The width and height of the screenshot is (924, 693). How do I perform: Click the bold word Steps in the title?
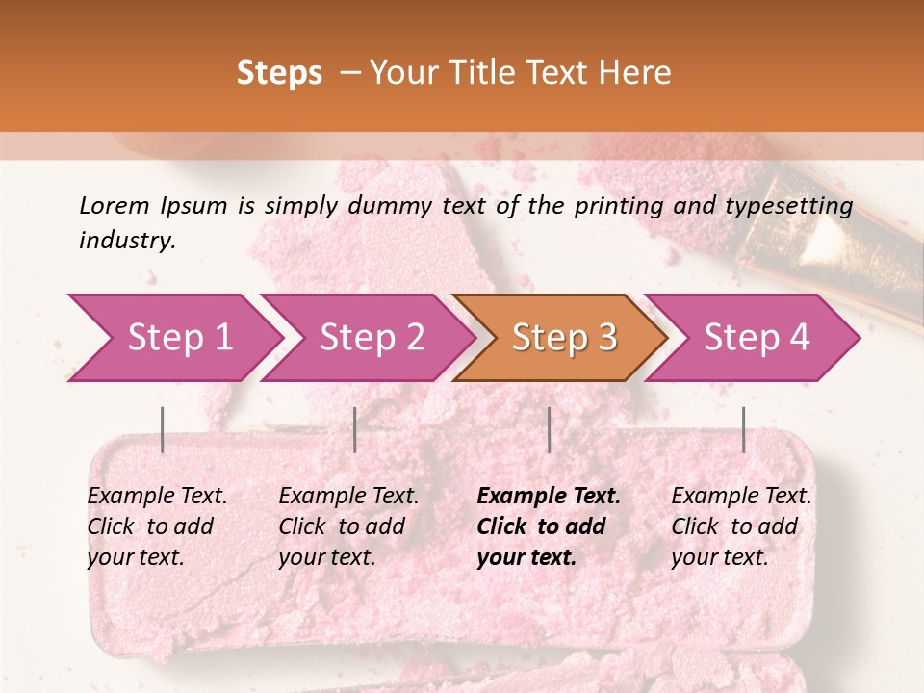279,73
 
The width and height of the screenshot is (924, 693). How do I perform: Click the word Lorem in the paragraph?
115,205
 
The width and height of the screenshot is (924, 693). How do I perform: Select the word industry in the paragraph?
127,241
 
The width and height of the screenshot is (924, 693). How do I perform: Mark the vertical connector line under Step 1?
163,429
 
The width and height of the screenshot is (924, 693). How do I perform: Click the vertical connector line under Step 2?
355,429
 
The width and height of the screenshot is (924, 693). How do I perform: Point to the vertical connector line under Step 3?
550,429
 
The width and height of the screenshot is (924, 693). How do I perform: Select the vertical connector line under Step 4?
744,429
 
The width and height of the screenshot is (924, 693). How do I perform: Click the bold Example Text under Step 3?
549,497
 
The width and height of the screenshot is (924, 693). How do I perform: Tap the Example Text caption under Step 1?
157,497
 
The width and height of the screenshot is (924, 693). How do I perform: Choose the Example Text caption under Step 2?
348,497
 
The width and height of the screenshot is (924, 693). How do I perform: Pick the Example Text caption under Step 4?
741,497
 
